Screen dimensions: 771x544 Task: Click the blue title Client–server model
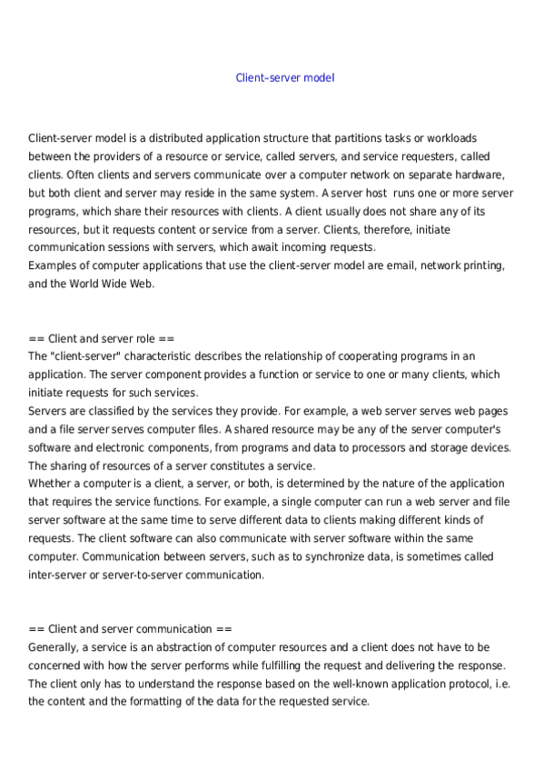(284, 78)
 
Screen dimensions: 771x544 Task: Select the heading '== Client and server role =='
(102, 338)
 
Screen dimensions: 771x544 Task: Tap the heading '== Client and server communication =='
(130, 628)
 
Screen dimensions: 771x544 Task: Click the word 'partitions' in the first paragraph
(346, 138)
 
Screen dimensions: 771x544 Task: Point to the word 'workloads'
(444, 138)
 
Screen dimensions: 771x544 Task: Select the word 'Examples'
(54, 265)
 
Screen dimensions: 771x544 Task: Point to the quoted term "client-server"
(86, 356)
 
